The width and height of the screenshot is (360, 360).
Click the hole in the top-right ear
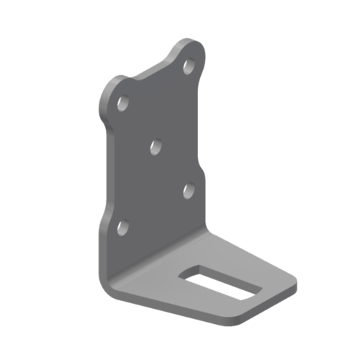(189, 66)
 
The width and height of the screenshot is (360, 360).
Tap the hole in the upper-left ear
(123, 104)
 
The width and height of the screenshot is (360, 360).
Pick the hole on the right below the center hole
(189, 189)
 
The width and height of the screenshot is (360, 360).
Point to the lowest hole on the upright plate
(122, 229)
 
